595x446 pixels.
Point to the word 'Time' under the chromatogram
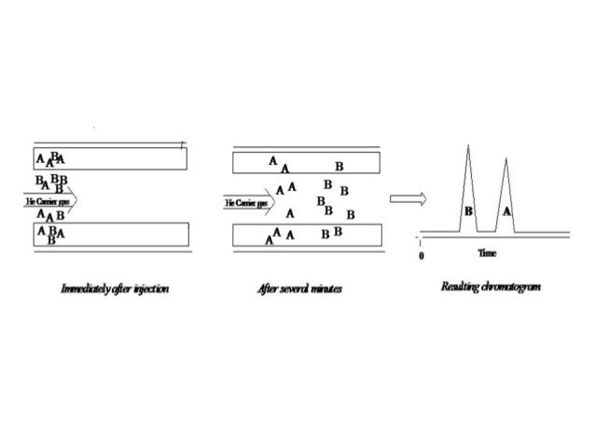point(486,252)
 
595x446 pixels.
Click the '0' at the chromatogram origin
point(422,254)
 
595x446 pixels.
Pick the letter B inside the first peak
point(468,211)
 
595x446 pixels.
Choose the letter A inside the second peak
point(506,211)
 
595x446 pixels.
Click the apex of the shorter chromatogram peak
point(505,159)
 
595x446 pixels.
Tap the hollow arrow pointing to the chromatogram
point(408,197)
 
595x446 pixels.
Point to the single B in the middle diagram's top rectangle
point(339,166)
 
